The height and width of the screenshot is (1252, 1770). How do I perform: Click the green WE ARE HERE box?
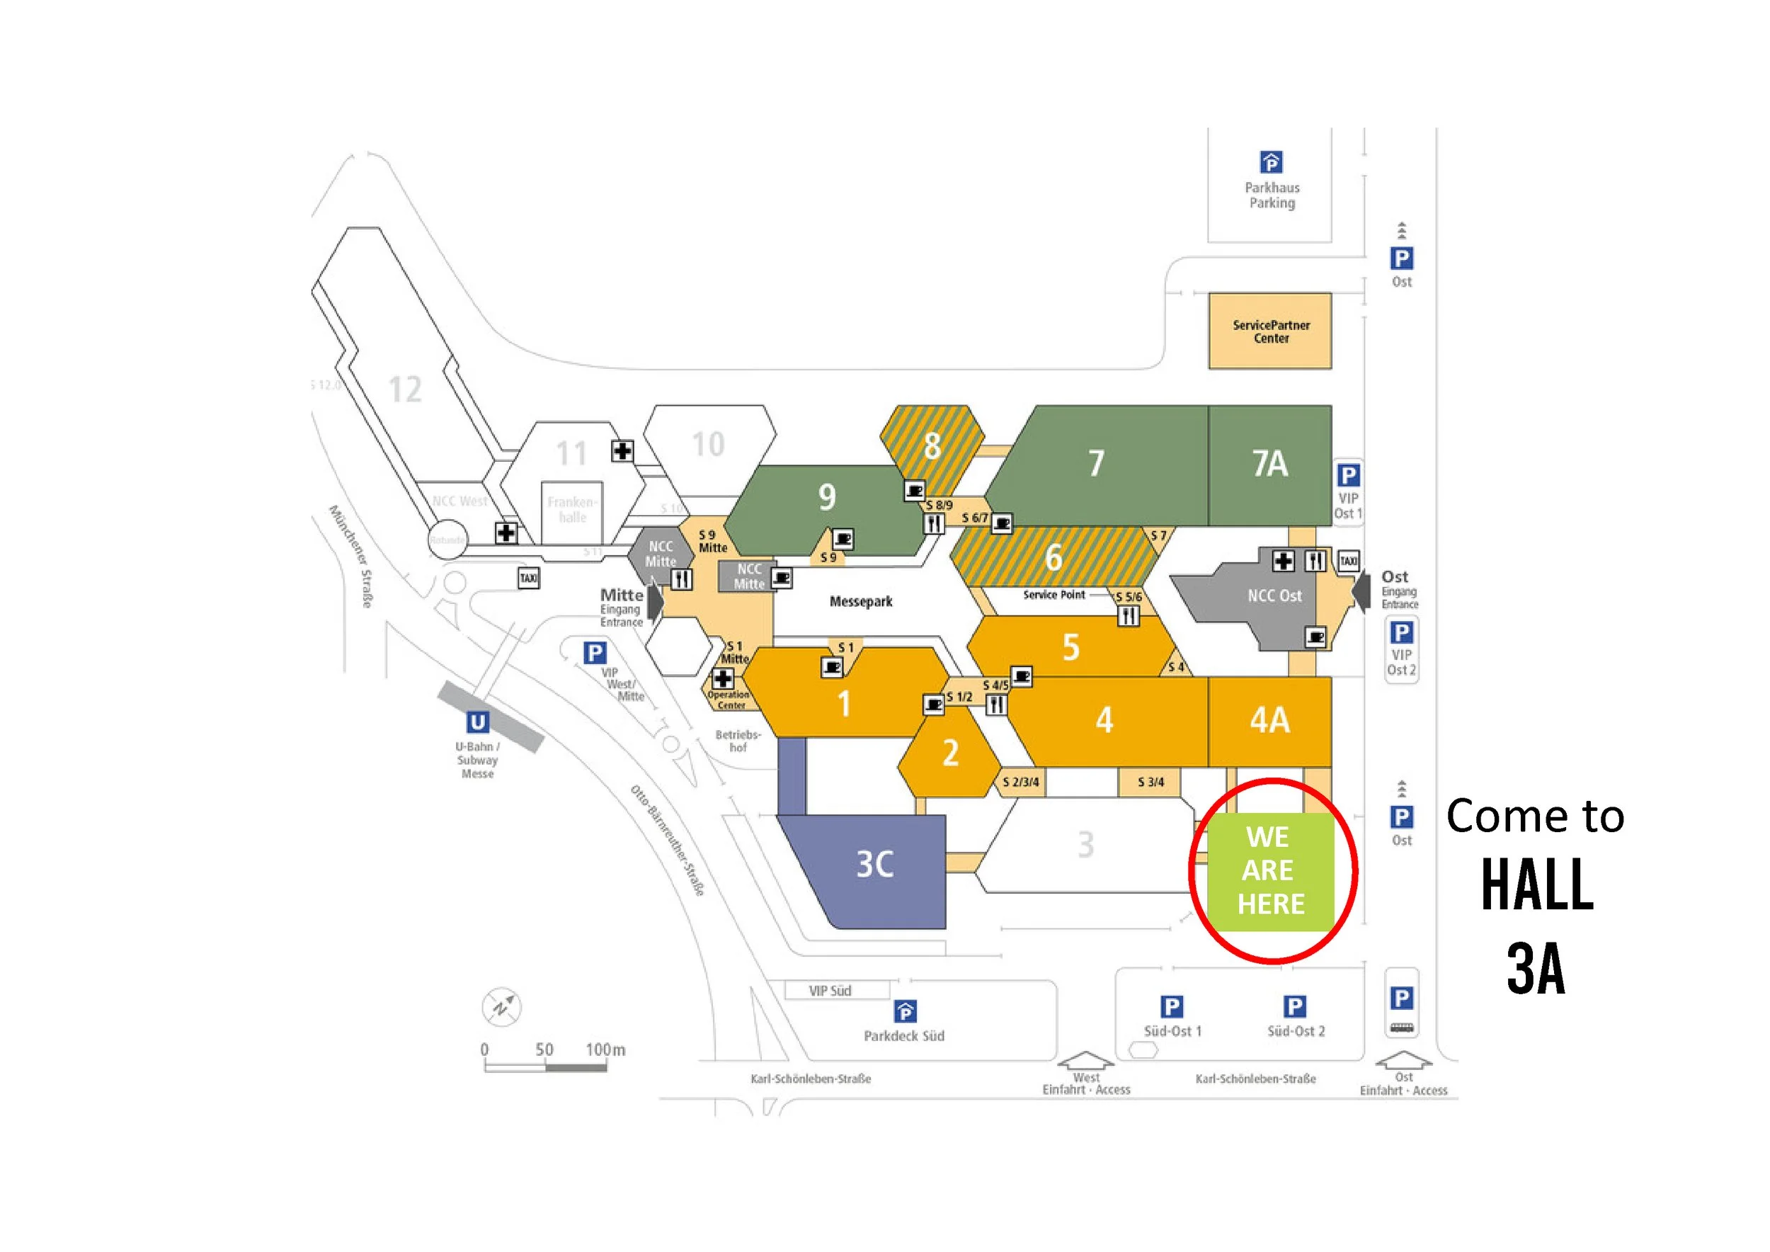(x=1269, y=871)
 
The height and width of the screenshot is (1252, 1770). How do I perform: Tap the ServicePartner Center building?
(x=1269, y=331)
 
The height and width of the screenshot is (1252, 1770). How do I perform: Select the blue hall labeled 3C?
(x=875, y=864)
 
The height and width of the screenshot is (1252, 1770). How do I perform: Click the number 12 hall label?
(x=405, y=389)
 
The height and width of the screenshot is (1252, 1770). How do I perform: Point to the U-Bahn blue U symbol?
(x=477, y=722)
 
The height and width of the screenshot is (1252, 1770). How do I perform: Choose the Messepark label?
(x=860, y=601)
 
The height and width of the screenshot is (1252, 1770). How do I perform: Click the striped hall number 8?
(x=932, y=445)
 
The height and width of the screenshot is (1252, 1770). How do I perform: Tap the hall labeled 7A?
(x=1269, y=463)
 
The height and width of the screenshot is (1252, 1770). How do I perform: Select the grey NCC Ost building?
(x=1274, y=596)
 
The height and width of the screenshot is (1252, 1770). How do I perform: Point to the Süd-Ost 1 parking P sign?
(x=1172, y=1007)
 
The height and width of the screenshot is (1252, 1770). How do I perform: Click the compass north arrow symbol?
(x=502, y=1007)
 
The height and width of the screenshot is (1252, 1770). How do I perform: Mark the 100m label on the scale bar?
(x=605, y=1049)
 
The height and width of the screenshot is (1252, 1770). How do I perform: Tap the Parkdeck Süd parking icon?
(x=905, y=1011)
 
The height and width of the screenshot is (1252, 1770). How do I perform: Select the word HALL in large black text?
(x=1536, y=885)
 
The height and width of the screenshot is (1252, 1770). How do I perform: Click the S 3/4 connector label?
(x=1150, y=782)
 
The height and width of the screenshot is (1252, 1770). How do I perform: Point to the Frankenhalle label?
(x=572, y=510)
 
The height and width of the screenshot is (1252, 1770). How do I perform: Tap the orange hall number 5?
(x=1070, y=647)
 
